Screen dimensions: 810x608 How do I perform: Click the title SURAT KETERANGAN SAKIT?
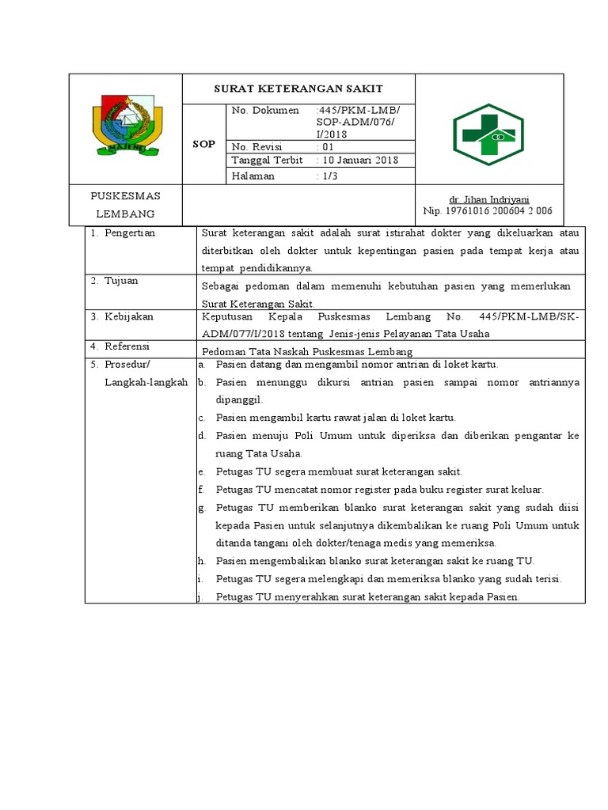pos(298,89)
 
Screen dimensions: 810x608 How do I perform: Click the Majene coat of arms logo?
pos(126,126)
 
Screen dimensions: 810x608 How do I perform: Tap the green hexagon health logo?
pos(488,135)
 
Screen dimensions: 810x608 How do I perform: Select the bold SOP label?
pos(204,145)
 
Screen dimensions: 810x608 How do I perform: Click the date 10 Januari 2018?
pos(357,161)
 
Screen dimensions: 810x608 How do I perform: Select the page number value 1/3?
pos(327,176)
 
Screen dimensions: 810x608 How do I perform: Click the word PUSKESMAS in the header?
pos(125,196)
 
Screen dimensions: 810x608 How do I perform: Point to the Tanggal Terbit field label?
pos(267,161)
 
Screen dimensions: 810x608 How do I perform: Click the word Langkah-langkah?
pos(146,382)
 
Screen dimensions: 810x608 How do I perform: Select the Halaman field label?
pos(253,176)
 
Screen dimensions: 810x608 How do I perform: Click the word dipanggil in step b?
pos(238,400)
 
